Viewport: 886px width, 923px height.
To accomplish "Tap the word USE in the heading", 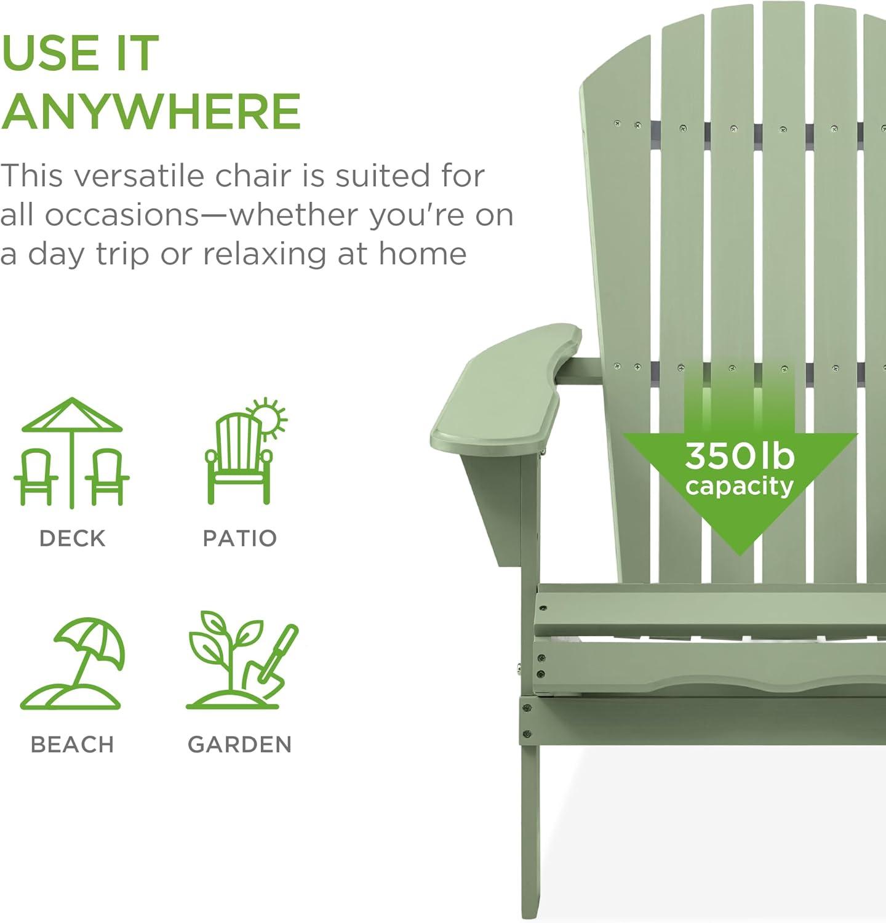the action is pos(50,53).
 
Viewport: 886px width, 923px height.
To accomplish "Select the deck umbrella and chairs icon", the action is pos(72,452).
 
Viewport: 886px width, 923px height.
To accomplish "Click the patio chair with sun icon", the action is pos(245,451).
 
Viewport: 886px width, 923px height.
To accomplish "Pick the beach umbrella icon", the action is pos(72,663).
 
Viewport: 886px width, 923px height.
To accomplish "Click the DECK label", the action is pos(72,538).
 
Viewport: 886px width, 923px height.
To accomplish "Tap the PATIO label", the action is pos(240,538).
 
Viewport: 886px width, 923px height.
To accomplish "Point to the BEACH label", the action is pos(72,745).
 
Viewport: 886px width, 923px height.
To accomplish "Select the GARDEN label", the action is pos(240,745).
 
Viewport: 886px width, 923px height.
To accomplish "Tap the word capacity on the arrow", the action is pos(740,486).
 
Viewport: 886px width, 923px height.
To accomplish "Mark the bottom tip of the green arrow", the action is pos(740,554).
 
